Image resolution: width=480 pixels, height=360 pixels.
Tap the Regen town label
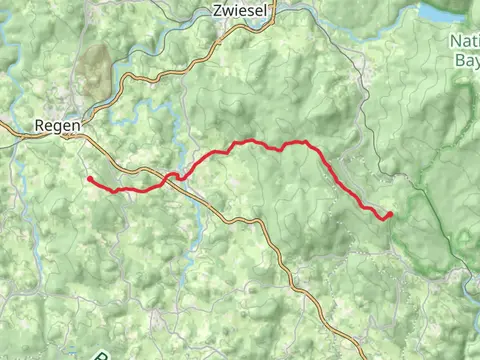click(52, 126)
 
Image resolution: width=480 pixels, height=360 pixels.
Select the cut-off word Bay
click(467, 60)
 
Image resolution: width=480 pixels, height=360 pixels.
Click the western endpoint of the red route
click(90, 179)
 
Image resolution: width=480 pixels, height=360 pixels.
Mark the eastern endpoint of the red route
click(389, 214)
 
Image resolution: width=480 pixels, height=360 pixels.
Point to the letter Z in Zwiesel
click(217, 10)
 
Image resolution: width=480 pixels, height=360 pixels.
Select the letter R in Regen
click(39, 126)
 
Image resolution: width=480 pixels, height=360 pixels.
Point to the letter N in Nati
click(456, 42)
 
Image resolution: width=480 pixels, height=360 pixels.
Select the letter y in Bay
click(475, 61)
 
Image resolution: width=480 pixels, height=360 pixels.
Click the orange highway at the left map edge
click(3, 127)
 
